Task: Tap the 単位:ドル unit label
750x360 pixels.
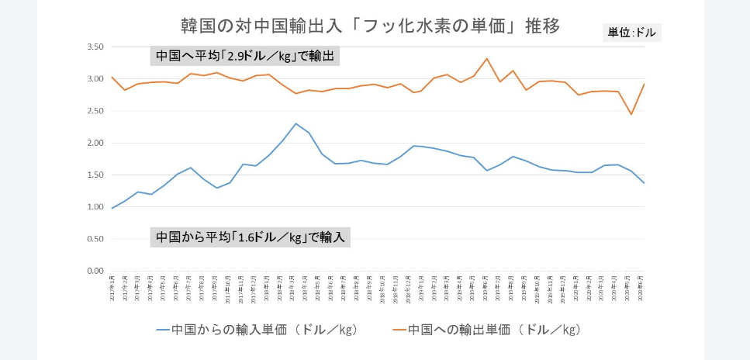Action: [x=631, y=33]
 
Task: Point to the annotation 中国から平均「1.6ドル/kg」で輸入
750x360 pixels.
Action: [x=250, y=237]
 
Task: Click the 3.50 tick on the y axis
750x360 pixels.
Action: [x=95, y=47]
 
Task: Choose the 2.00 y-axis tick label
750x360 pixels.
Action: [x=95, y=143]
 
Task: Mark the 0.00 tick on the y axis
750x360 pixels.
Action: [x=95, y=271]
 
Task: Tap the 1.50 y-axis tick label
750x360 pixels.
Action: [x=95, y=175]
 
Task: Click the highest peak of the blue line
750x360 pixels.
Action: [x=296, y=123]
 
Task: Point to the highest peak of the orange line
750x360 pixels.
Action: [x=487, y=58]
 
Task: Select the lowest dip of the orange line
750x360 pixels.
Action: [x=631, y=114]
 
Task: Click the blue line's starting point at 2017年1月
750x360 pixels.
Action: [x=112, y=209]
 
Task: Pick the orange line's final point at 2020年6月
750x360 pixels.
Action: [x=645, y=84]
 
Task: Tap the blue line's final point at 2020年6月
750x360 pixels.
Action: [x=645, y=183]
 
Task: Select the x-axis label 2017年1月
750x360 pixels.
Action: [x=112, y=289]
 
